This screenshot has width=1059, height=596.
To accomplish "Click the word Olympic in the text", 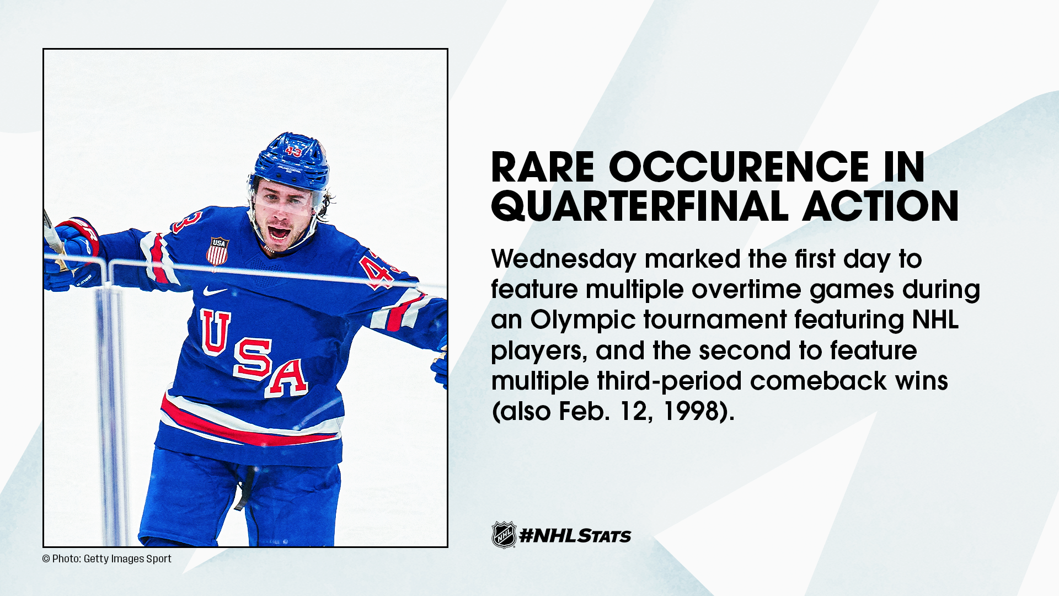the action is pyautogui.click(x=584, y=320).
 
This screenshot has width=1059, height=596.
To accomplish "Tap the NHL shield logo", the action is pyautogui.click(x=504, y=535).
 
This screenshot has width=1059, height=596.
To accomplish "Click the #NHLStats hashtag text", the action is pyautogui.click(x=575, y=536).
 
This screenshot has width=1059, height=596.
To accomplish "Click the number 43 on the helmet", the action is pyautogui.click(x=293, y=151).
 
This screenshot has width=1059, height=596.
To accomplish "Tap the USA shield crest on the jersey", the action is pyautogui.click(x=217, y=251).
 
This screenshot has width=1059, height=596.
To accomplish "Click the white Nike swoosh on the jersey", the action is pyautogui.click(x=215, y=291).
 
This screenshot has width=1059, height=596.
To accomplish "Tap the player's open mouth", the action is pyautogui.click(x=279, y=232).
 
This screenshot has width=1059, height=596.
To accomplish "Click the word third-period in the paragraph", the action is pyautogui.click(x=670, y=381).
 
